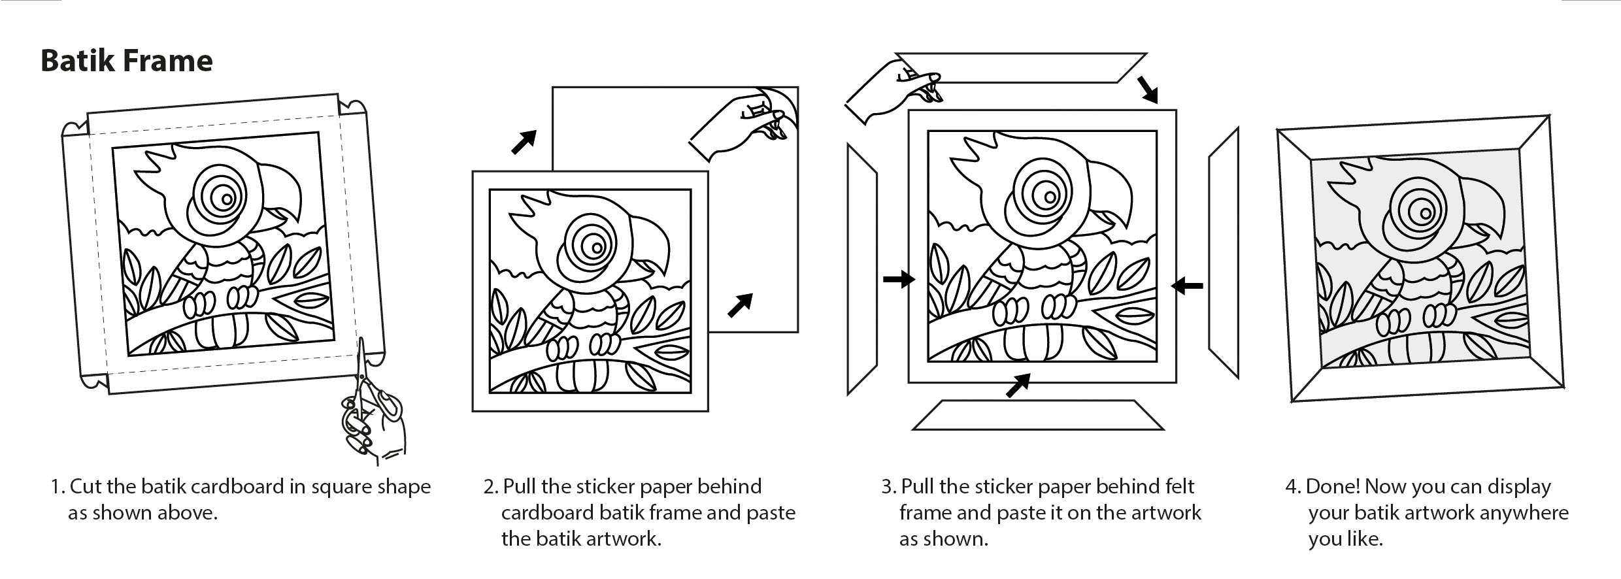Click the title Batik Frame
127,61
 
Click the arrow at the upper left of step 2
524,142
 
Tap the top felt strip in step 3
1020,68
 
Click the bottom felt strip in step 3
1038,415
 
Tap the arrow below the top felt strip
1146,90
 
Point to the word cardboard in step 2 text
547,513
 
